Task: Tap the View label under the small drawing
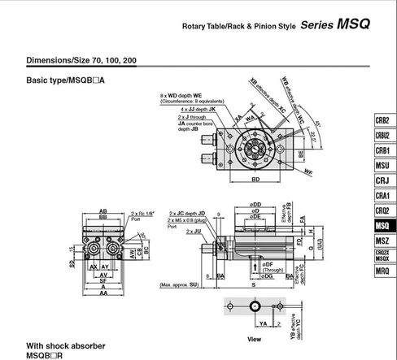tap(254, 340)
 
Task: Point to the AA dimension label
tap(104, 294)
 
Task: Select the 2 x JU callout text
tap(193, 232)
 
